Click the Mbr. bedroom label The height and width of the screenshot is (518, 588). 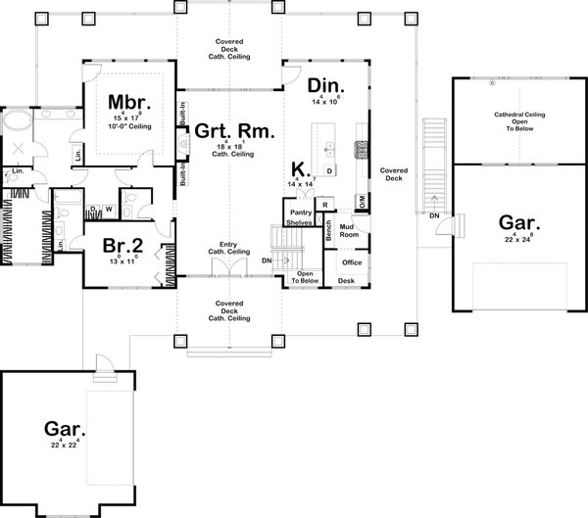(x=127, y=102)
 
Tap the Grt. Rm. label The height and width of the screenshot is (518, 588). (x=232, y=130)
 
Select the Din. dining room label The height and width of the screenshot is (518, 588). (x=322, y=86)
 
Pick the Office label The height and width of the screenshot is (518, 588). (x=351, y=262)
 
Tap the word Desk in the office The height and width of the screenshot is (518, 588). (x=345, y=281)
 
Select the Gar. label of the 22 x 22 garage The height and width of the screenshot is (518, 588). (x=65, y=428)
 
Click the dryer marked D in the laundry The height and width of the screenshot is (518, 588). (x=93, y=209)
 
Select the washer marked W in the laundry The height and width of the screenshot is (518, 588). (x=108, y=209)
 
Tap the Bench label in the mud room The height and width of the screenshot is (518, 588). (x=328, y=230)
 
